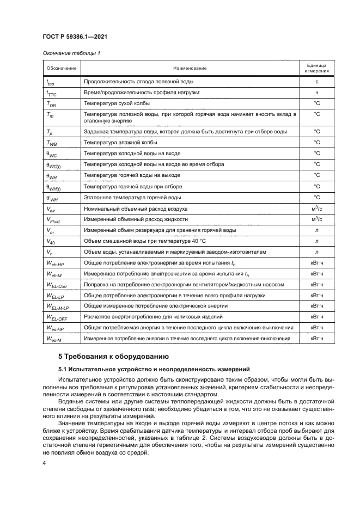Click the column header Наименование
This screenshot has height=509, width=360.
190,68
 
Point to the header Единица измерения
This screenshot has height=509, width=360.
316,68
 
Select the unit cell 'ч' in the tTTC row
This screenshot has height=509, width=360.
316,93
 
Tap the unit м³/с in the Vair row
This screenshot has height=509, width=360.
316,208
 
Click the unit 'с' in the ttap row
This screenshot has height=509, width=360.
316,82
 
